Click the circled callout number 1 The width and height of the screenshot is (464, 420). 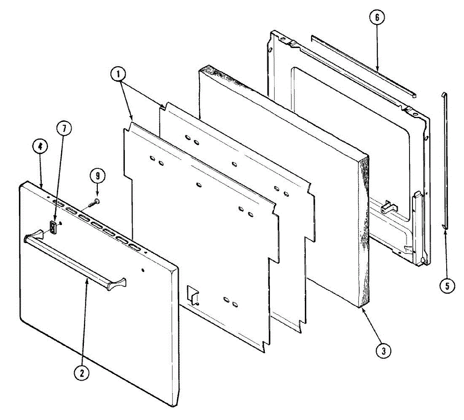tap(118, 74)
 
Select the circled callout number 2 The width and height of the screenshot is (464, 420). tap(82, 373)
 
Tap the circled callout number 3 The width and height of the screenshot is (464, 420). tap(384, 351)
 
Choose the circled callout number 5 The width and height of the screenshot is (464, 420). tap(447, 286)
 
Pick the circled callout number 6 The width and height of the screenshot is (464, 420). tap(377, 17)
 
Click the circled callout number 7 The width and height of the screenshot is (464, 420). tap(64, 129)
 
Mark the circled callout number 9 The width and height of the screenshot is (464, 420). tap(97, 176)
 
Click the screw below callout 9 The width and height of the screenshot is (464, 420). tap(94, 203)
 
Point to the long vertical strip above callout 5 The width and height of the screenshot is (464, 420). tap(445, 163)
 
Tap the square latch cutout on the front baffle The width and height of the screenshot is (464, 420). tap(193, 295)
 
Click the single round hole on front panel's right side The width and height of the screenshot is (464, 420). tap(143, 270)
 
